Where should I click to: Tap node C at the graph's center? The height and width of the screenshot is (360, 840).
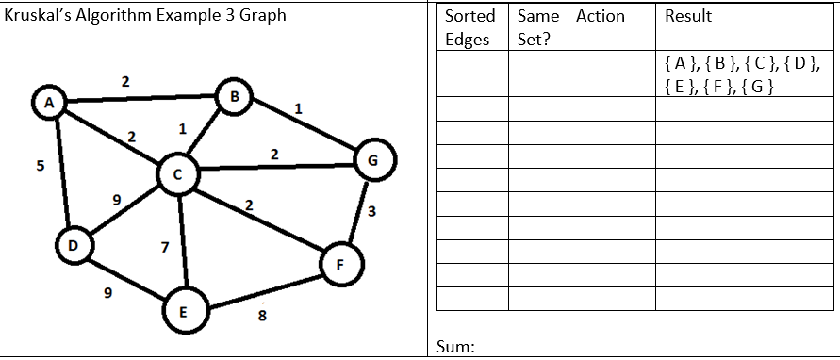click(176, 173)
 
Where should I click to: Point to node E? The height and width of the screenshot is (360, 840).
click(182, 310)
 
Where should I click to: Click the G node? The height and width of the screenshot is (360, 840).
click(371, 159)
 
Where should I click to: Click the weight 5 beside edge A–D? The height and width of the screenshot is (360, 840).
click(40, 167)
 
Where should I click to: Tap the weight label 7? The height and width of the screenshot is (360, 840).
click(165, 249)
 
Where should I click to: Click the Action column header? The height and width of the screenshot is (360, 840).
click(601, 16)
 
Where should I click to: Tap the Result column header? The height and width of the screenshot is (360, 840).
click(688, 16)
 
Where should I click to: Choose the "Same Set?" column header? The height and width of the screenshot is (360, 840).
click(538, 27)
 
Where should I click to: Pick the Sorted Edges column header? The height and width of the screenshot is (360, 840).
click(469, 27)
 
